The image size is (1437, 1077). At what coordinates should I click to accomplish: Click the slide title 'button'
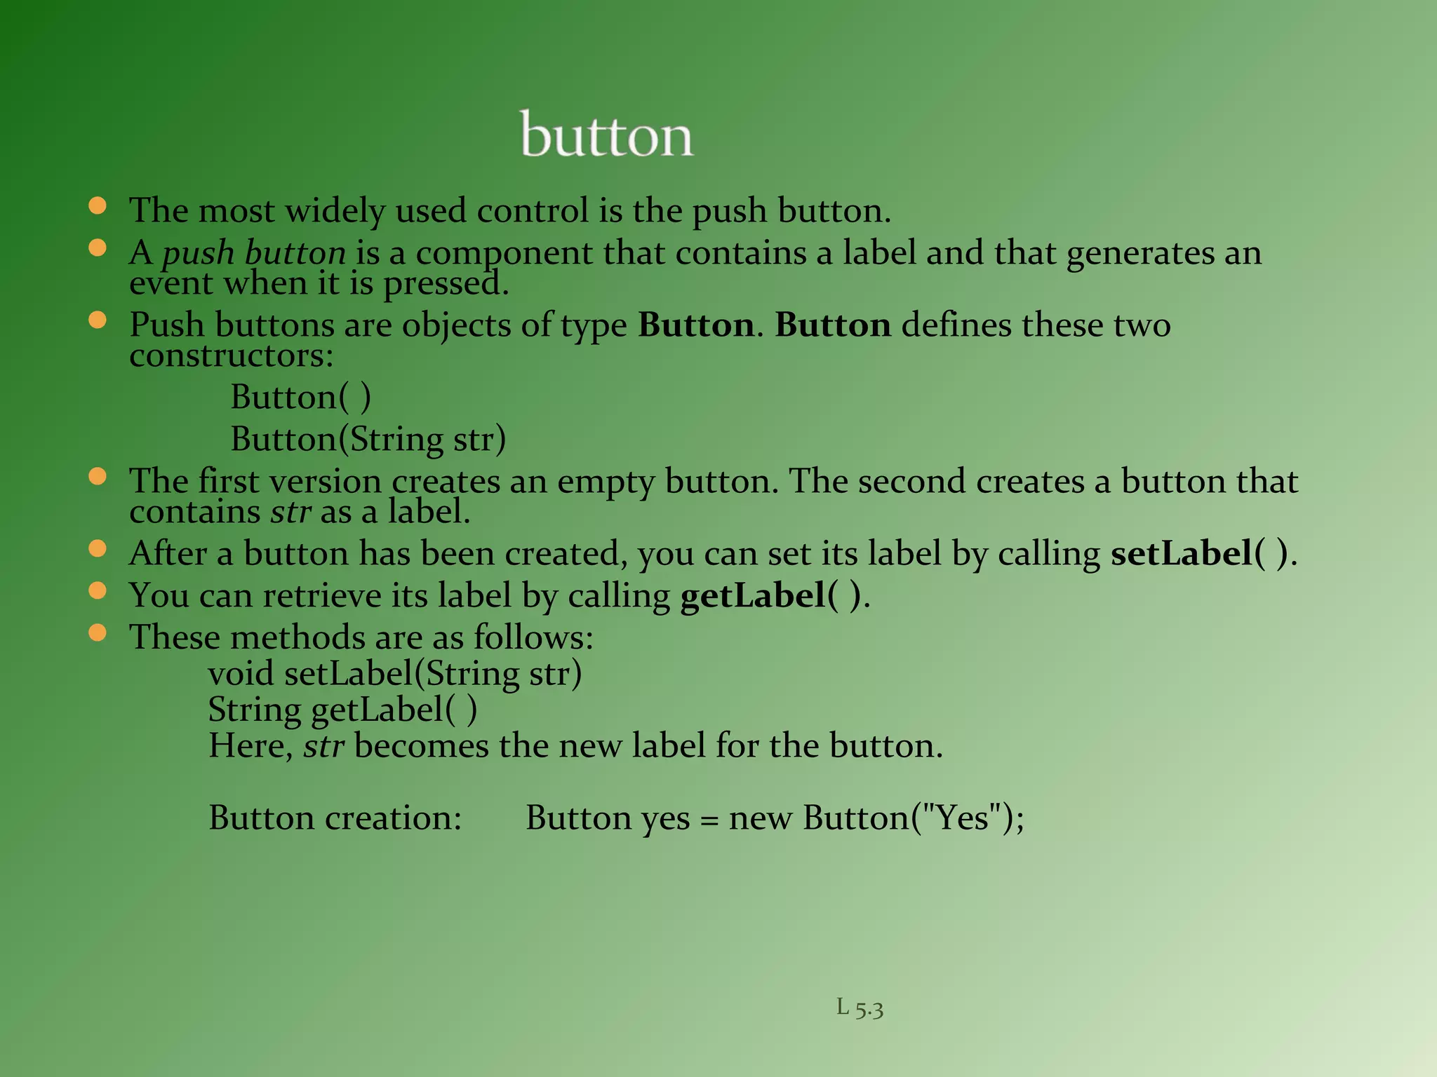pos(607,135)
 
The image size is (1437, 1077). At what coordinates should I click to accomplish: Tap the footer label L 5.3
pos(860,1008)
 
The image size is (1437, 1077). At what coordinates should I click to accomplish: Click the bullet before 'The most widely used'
pos(98,205)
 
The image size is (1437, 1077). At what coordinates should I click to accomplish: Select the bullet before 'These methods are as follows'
pos(98,632)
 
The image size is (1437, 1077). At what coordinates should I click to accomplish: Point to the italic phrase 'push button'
pos(254,253)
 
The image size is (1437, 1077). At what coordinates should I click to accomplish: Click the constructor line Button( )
pos(300,398)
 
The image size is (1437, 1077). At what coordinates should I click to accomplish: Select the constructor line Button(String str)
pos(368,440)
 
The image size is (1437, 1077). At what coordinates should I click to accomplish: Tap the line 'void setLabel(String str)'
pos(395,674)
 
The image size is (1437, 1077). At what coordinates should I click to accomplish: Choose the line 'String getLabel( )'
pos(342,710)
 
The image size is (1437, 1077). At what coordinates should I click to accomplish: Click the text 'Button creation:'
pos(335,818)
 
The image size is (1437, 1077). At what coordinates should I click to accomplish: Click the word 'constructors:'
pos(232,355)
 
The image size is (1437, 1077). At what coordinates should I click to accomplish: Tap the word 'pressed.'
pos(446,284)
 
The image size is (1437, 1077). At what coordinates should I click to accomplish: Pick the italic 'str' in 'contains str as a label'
pos(290,512)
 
